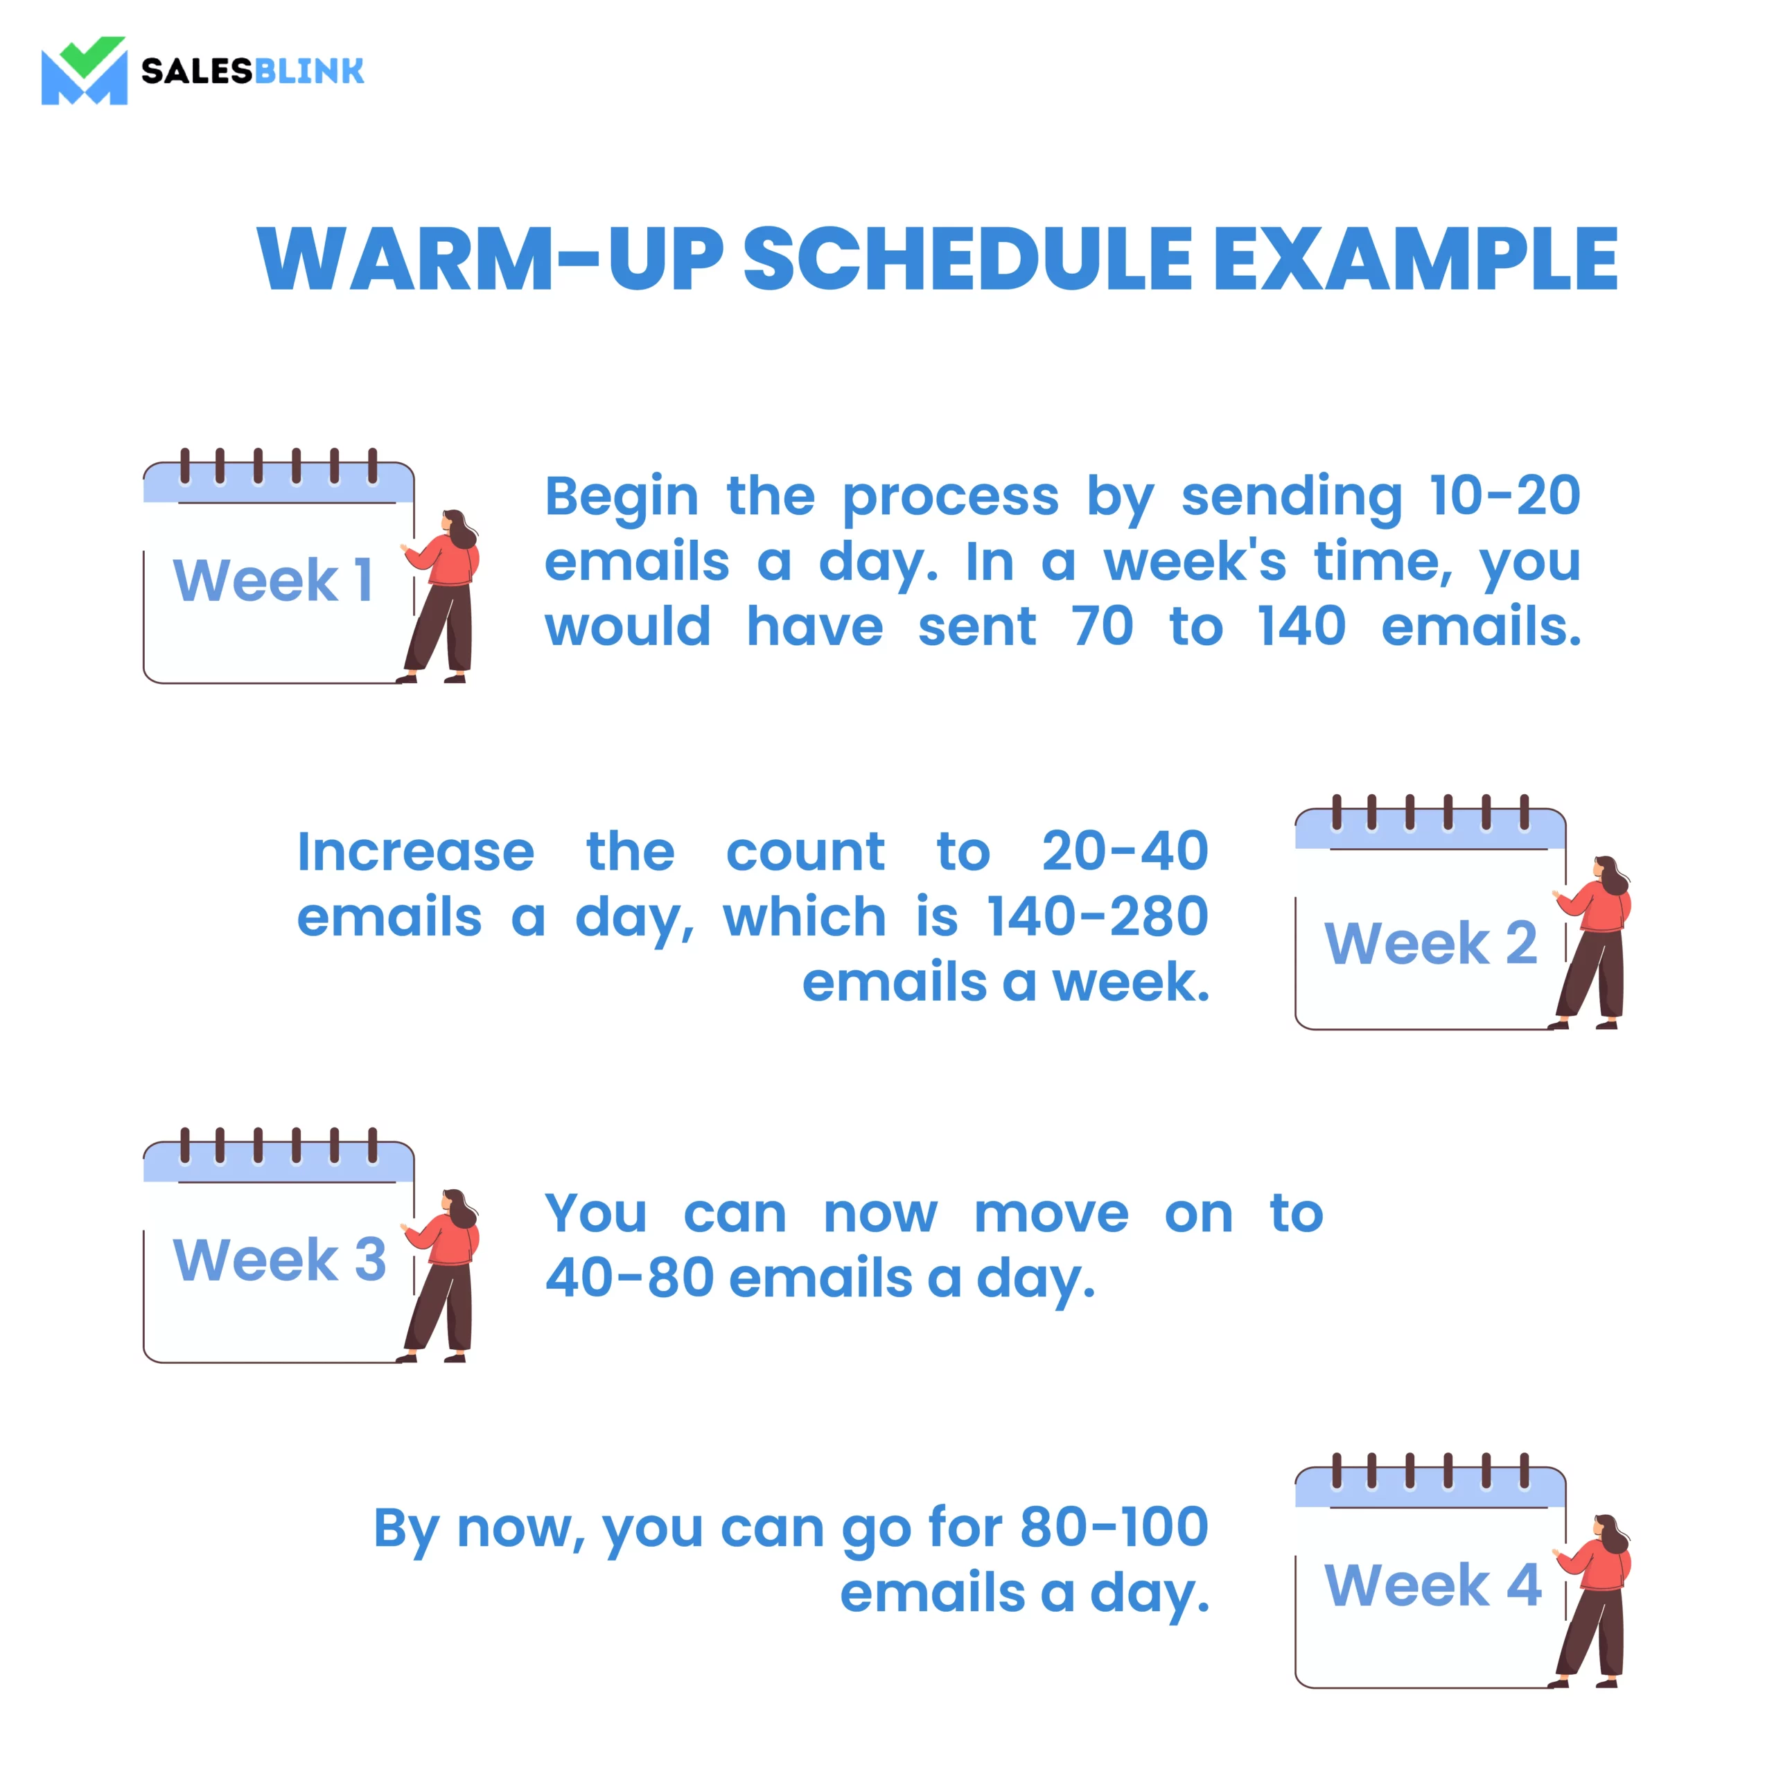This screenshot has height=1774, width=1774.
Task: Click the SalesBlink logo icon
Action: click(85, 71)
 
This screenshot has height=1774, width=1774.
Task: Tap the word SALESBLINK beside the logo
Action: click(252, 71)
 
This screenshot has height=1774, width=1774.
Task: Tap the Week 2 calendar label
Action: click(1430, 943)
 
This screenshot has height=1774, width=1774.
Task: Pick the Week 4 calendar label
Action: click(1432, 1585)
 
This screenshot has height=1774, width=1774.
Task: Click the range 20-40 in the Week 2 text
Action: click(1125, 851)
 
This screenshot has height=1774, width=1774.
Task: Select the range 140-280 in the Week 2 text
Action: click(1097, 916)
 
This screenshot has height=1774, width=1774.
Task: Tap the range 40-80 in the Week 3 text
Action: click(630, 1278)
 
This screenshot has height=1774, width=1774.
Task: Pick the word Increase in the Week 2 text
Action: click(416, 851)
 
